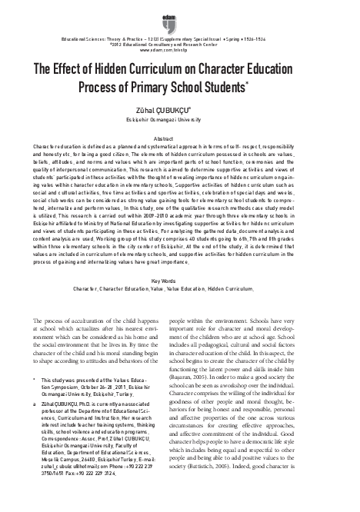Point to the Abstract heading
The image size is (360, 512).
pyautogui.click(x=179, y=135)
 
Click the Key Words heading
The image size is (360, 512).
pyautogui.click(x=180, y=260)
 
